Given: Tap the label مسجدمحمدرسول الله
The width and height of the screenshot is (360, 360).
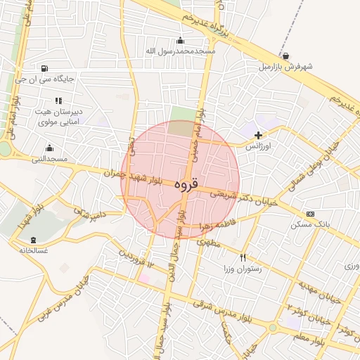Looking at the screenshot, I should [x=181, y=51].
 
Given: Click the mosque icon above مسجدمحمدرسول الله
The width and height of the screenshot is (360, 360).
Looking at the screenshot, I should [x=181, y=40].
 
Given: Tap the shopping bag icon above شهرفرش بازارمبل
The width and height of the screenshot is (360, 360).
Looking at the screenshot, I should [x=285, y=56].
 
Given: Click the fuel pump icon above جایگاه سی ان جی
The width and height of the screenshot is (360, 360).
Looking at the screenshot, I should [x=46, y=68].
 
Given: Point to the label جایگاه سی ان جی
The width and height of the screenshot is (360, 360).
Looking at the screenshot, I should [x=46, y=79].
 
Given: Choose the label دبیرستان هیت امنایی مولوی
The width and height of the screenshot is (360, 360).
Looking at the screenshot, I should [x=59, y=117].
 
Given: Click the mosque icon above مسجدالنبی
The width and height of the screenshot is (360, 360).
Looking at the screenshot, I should [x=49, y=148].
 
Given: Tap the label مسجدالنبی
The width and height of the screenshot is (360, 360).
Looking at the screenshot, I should [x=49, y=159].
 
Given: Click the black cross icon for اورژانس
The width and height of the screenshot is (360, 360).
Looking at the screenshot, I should [x=258, y=135].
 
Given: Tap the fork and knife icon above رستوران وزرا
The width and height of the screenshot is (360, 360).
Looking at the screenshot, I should [x=243, y=257].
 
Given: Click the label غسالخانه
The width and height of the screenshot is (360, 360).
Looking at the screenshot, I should [x=33, y=250].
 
